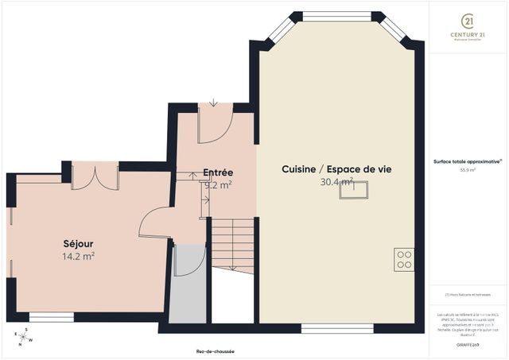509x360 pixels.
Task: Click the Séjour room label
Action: pos(78,243)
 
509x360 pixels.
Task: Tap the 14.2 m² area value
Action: pos(78,256)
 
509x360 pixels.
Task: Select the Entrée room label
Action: pos(217,172)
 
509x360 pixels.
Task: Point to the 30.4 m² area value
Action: pos(336,182)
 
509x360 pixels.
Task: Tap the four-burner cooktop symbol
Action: pos(404,259)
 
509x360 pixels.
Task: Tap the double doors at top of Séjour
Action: pos(95,176)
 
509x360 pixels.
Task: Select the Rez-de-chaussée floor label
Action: pos(215,351)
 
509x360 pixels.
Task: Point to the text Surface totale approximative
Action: pos(467,161)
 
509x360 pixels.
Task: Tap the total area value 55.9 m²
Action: pos(468,169)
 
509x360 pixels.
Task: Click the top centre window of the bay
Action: pos(337,15)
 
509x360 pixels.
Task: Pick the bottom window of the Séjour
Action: pos(51,317)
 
